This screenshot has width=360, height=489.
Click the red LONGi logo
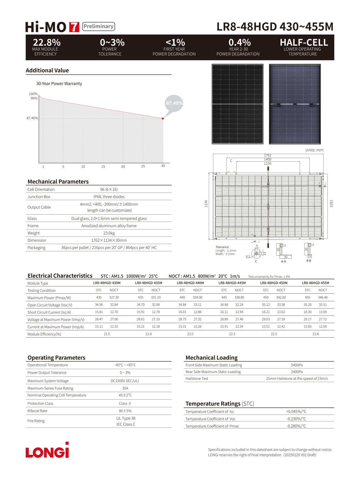tap(47, 450)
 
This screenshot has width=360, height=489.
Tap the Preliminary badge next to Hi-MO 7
tap(98, 27)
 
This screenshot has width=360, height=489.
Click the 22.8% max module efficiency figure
tap(47, 42)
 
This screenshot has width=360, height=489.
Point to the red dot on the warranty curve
tap(163, 118)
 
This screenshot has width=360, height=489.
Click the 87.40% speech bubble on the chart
tap(174, 104)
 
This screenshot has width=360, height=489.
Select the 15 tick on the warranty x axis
tap(103, 167)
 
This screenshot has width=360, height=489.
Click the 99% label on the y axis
tap(34, 98)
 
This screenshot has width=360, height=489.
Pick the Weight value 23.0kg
tap(109, 233)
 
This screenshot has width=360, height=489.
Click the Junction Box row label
tap(39, 197)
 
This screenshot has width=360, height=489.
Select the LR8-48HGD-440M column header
tap(190, 283)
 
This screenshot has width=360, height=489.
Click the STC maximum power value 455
tap(307, 298)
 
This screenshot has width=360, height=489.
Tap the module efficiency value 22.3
tap(232, 334)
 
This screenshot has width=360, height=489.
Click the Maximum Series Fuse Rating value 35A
tap(125, 388)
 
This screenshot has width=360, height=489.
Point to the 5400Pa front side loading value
tap(297, 365)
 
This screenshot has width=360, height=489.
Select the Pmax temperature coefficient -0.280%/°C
tap(296, 426)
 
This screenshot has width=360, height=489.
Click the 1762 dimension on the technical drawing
tap(267, 156)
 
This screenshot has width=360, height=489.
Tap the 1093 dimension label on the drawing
tap(331, 203)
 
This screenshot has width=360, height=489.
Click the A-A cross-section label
tap(283, 262)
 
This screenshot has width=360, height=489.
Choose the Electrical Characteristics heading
tap(60, 276)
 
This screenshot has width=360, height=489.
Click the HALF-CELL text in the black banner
tap(304, 42)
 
